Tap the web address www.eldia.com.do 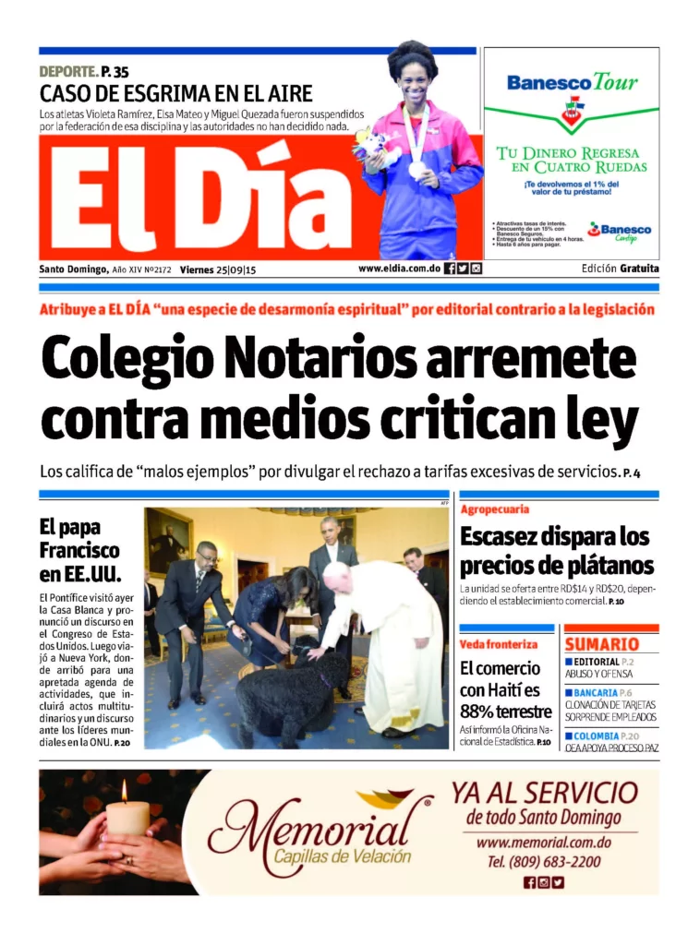398,269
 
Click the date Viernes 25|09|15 218,269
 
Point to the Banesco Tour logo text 572,83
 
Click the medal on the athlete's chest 415,169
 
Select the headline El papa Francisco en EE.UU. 79,550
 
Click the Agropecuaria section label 494,508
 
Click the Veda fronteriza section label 498,643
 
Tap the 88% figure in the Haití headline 480,711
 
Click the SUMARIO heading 601,644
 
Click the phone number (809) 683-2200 543,862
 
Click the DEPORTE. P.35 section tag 84,72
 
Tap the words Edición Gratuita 621,269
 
